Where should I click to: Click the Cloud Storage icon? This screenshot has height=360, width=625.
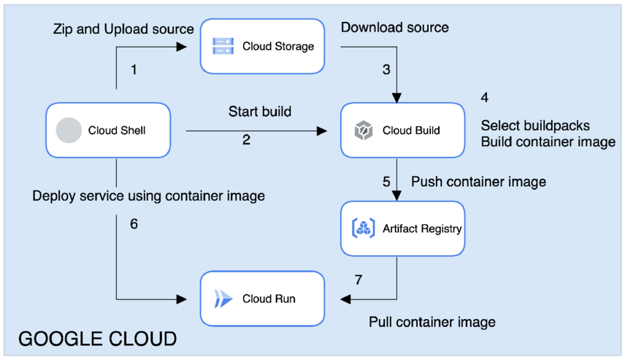tap(223, 47)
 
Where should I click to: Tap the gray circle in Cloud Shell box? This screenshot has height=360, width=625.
tap(69, 131)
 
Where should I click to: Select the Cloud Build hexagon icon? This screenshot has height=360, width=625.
tap(364, 131)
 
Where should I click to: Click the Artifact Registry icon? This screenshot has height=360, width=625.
tap(364, 229)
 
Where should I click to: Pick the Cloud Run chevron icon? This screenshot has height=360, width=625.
tap(223, 299)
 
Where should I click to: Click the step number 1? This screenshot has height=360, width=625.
tap(134, 70)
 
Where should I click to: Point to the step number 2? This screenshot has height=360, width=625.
tap(247, 140)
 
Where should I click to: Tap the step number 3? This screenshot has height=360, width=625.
tap(387, 70)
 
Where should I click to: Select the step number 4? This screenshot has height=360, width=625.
tap(485, 97)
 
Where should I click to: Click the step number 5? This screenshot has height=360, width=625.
tap(387, 181)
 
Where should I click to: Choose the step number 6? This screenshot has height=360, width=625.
tap(134, 224)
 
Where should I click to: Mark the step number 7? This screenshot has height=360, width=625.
tap(358, 280)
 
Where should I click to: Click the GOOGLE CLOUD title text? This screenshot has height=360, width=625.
tap(97, 339)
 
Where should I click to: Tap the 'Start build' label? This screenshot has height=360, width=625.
tap(260, 112)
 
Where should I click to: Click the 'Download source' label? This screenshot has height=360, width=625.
tap(395, 28)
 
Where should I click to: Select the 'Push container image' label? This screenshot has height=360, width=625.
tap(478, 181)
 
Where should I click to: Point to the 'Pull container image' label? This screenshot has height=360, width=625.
tap(432, 322)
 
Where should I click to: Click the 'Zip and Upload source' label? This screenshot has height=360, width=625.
tap(123, 29)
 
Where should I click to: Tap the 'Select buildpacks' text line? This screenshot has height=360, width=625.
tap(535, 126)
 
